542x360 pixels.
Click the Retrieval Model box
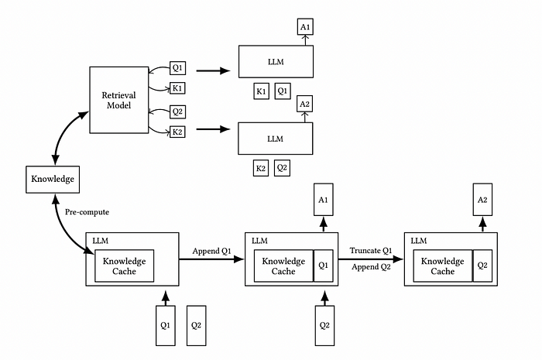119,100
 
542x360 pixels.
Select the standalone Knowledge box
53,180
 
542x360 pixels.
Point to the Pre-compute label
87,212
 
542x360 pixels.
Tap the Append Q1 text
211,251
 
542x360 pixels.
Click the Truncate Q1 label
371,251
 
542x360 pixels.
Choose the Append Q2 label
371,267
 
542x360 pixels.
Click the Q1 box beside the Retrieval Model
177,67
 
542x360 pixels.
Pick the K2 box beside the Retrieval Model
177,132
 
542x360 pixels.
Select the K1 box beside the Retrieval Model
177,88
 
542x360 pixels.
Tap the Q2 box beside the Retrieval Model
177,111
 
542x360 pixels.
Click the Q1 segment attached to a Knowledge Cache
324,266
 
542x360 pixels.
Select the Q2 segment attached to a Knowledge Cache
482,266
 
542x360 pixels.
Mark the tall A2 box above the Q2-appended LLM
482,200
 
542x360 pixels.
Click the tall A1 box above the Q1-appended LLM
323,200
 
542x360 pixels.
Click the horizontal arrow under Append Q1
211,259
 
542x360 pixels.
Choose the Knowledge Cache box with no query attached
125,266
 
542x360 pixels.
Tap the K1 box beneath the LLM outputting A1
262,91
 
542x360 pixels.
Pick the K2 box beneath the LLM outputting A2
261,168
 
